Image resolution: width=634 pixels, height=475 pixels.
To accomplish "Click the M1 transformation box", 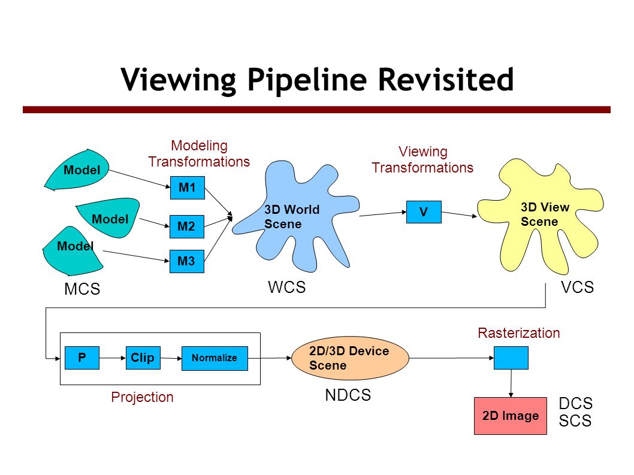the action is point(187,187).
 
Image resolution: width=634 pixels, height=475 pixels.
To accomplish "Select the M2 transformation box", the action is point(187,226).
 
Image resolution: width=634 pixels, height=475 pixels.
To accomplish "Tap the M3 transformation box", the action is point(187,261).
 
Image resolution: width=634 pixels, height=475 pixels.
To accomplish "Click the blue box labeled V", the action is point(424,212).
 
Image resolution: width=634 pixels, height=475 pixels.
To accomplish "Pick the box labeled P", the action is point(82,358).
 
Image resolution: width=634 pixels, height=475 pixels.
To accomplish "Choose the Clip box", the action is point(143,358).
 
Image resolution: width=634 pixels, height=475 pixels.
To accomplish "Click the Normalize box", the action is point(215,358).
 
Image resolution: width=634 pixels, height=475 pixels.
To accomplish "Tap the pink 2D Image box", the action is point(511,416).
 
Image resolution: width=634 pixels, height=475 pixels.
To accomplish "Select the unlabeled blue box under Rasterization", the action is point(511,358).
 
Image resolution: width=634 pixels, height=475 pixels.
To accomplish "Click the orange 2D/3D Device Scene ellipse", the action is point(350,358).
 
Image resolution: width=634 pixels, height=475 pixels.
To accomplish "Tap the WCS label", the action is point(286,287).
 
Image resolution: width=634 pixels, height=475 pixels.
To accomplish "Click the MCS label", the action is point(82,289).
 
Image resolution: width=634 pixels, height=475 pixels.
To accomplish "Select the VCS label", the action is point(578,287).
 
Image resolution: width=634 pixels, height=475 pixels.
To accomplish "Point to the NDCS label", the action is point(348,395).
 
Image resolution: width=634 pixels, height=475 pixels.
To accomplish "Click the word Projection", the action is point(143,397).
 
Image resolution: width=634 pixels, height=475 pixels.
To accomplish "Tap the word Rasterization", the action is point(519,332).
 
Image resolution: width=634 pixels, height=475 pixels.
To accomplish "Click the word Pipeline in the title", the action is point(307,80).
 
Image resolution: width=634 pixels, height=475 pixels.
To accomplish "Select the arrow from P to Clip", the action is point(113,358).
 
